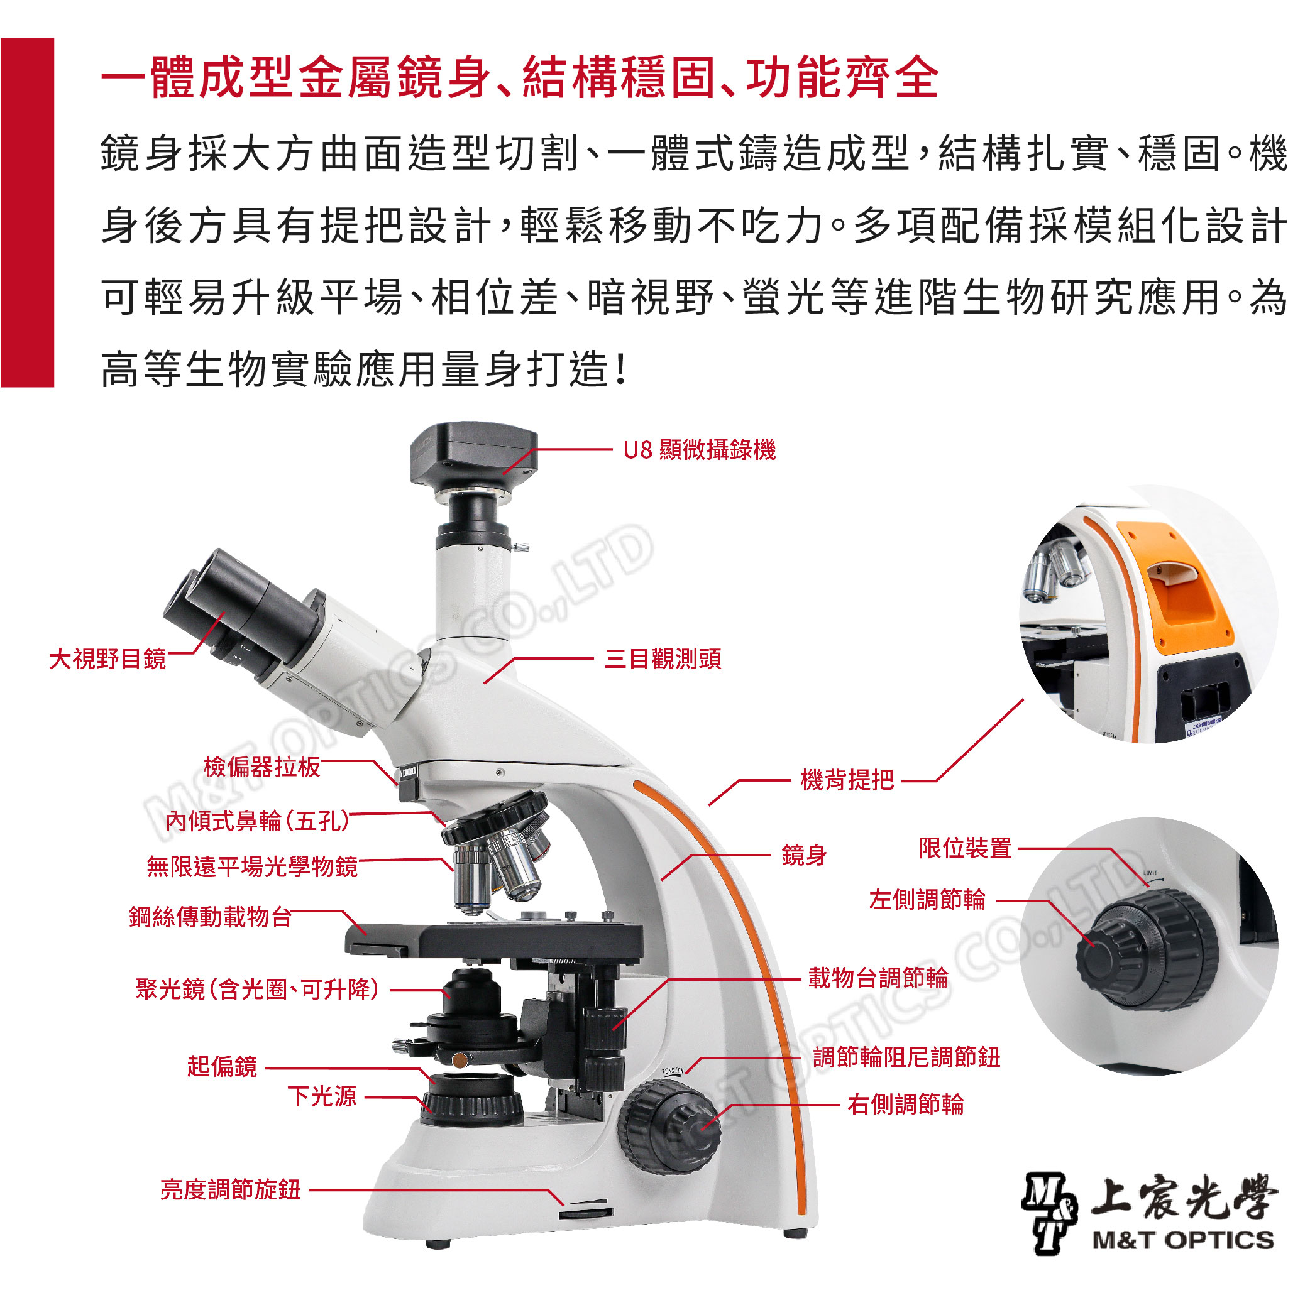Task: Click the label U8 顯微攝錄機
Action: coord(700,450)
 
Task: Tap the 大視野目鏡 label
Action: coord(108,658)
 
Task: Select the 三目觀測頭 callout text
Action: coord(663,658)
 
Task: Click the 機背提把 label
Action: coord(847,780)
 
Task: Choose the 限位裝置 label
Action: coord(966,848)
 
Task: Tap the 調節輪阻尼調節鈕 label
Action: coord(906,1057)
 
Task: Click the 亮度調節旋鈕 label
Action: coord(231,1189)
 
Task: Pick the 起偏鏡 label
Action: coord(223,1067)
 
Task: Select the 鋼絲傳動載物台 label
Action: coord(211,917)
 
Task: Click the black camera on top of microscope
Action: coord(473,453)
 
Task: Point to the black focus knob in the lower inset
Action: coord(1147,950)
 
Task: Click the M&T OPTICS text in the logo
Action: coord(1183,1240)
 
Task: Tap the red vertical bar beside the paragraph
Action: coord(27,212)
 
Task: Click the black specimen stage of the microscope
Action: coord(494,939)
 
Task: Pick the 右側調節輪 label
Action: coord(906,1105)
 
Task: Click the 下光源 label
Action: coord(322,1096)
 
